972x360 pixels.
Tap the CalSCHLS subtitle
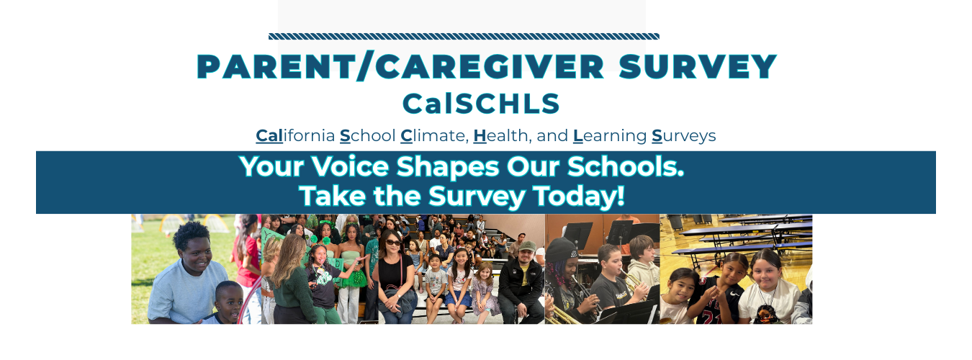tap(481, 104)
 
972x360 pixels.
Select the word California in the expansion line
tap(295, 135)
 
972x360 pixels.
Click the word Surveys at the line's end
tap(683, 135)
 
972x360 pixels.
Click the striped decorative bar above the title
tap(464, 36)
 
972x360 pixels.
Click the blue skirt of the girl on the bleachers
tap(459, 297)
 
